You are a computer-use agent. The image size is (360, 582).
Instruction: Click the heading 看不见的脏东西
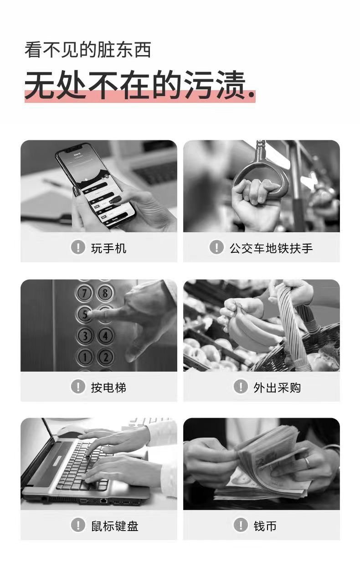click(x=88, y=50)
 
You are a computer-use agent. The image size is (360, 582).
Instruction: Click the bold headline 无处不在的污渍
click(x=135, y=85)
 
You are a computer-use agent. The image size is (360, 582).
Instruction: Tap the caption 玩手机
click(x=108, y=248)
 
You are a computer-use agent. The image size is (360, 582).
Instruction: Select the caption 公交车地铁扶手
click(x=271, y=248)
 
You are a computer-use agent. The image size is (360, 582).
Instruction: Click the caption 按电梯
click(x=108, y=388)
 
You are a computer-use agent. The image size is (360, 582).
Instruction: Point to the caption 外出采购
click(x=277, y=388)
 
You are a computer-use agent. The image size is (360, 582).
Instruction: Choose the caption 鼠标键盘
click(x=115, y=526)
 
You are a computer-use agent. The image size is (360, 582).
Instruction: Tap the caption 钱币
click(x=265, y=526)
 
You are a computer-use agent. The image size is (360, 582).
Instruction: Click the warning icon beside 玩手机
click(x=78, y=247)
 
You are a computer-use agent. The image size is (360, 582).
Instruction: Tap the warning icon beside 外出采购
click(x=241, y=386)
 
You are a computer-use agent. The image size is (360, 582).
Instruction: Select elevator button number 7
click(x=84, y=293)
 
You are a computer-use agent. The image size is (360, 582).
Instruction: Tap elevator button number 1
click(x=85, y=357)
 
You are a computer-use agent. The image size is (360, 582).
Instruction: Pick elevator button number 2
click(x=106, y=357)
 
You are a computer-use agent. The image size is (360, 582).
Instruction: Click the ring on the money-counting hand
click(x=308, y=462)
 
